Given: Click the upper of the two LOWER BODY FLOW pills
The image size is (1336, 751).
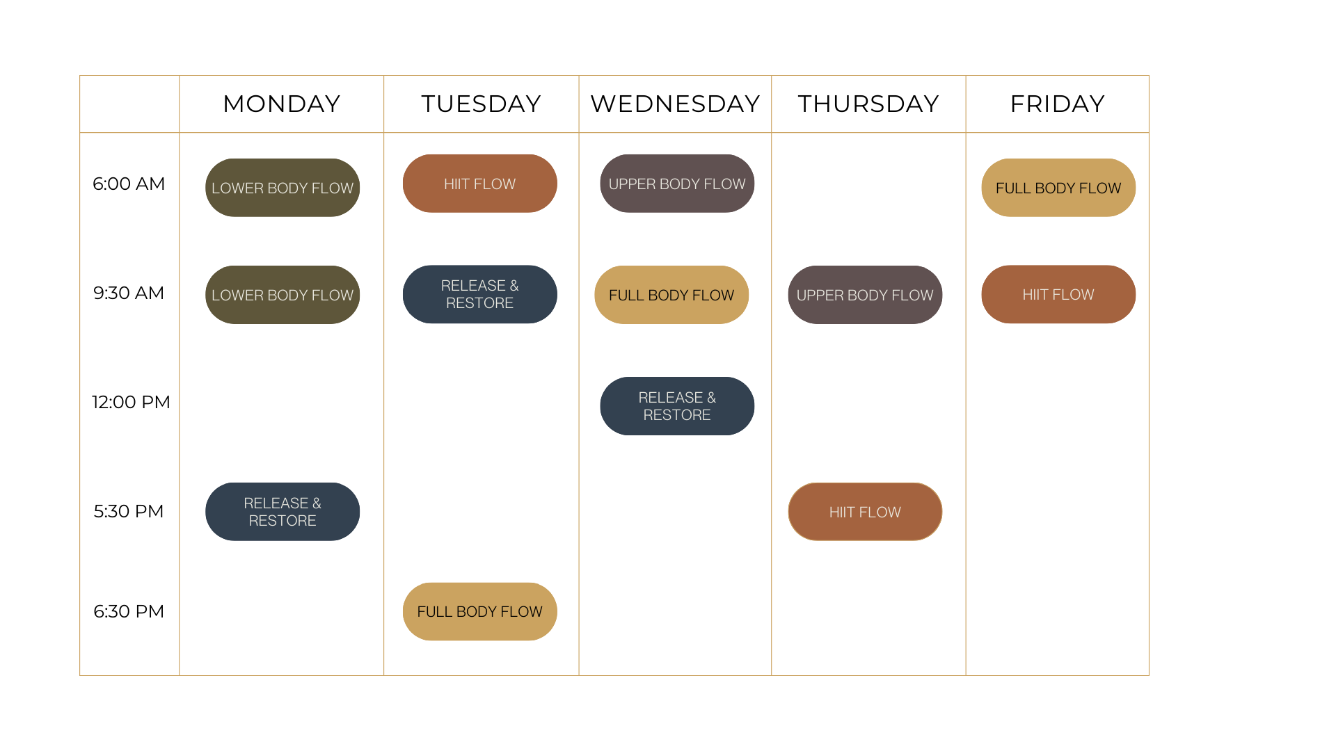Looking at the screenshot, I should [283, 188].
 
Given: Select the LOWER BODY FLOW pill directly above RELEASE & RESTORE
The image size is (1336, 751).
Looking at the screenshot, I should [283, 295].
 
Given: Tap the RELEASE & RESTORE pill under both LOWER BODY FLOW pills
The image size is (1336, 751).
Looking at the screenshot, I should [283, 512].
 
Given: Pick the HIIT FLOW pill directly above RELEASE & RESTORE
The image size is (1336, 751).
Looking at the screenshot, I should [479, 184].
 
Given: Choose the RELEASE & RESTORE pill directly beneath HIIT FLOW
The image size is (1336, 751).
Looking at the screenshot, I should [479, 294].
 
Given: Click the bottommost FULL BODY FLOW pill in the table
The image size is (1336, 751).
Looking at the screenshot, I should [479, 612].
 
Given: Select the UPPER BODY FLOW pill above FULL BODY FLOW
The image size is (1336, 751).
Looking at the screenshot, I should [677, 184].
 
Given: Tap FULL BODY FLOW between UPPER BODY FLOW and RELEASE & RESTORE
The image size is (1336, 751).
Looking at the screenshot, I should [671, 295].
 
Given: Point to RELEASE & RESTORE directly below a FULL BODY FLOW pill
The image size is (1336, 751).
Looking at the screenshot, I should [677, 406].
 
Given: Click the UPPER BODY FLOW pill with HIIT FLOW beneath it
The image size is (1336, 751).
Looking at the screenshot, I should [865, 295].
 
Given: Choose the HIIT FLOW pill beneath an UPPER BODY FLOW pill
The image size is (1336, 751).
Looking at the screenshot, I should [865, 512].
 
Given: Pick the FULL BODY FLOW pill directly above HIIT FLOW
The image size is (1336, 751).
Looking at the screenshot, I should [1058, 188].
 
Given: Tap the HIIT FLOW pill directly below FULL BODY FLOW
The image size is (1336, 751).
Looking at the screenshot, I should [1058, 295].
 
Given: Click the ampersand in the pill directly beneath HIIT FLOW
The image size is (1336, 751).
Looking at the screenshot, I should [514, 286].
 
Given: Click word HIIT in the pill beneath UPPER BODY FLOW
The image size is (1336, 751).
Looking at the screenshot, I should [841, 512].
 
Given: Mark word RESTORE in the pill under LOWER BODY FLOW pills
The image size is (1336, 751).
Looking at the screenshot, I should [283, 521].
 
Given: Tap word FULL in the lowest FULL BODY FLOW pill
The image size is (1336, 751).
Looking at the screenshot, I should [434, 612].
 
